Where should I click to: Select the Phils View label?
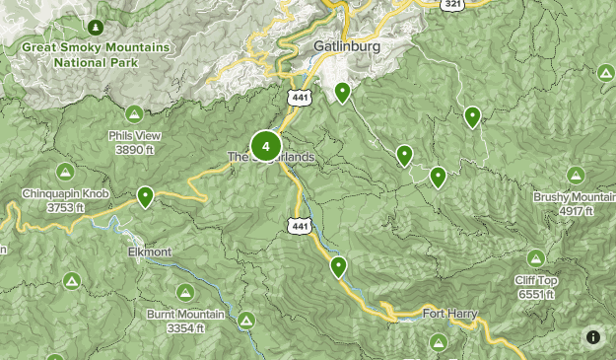[134, 143]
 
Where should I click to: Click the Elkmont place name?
[149, 252]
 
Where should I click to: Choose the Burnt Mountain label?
[185, 320]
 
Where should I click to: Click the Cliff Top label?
[535, 286]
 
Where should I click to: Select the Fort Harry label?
[449, 314]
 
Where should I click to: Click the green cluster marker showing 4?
[265, 146]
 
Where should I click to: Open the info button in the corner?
[593, 337]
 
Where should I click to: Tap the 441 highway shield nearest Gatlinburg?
[299, 97]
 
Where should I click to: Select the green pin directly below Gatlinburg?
[342, 93]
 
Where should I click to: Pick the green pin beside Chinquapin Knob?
[145, 196]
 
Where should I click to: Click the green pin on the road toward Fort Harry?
[339, 266]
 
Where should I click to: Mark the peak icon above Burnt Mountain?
[185, 292]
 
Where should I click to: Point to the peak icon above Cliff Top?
[535, 258]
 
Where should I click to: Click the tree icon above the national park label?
[95, 26]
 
